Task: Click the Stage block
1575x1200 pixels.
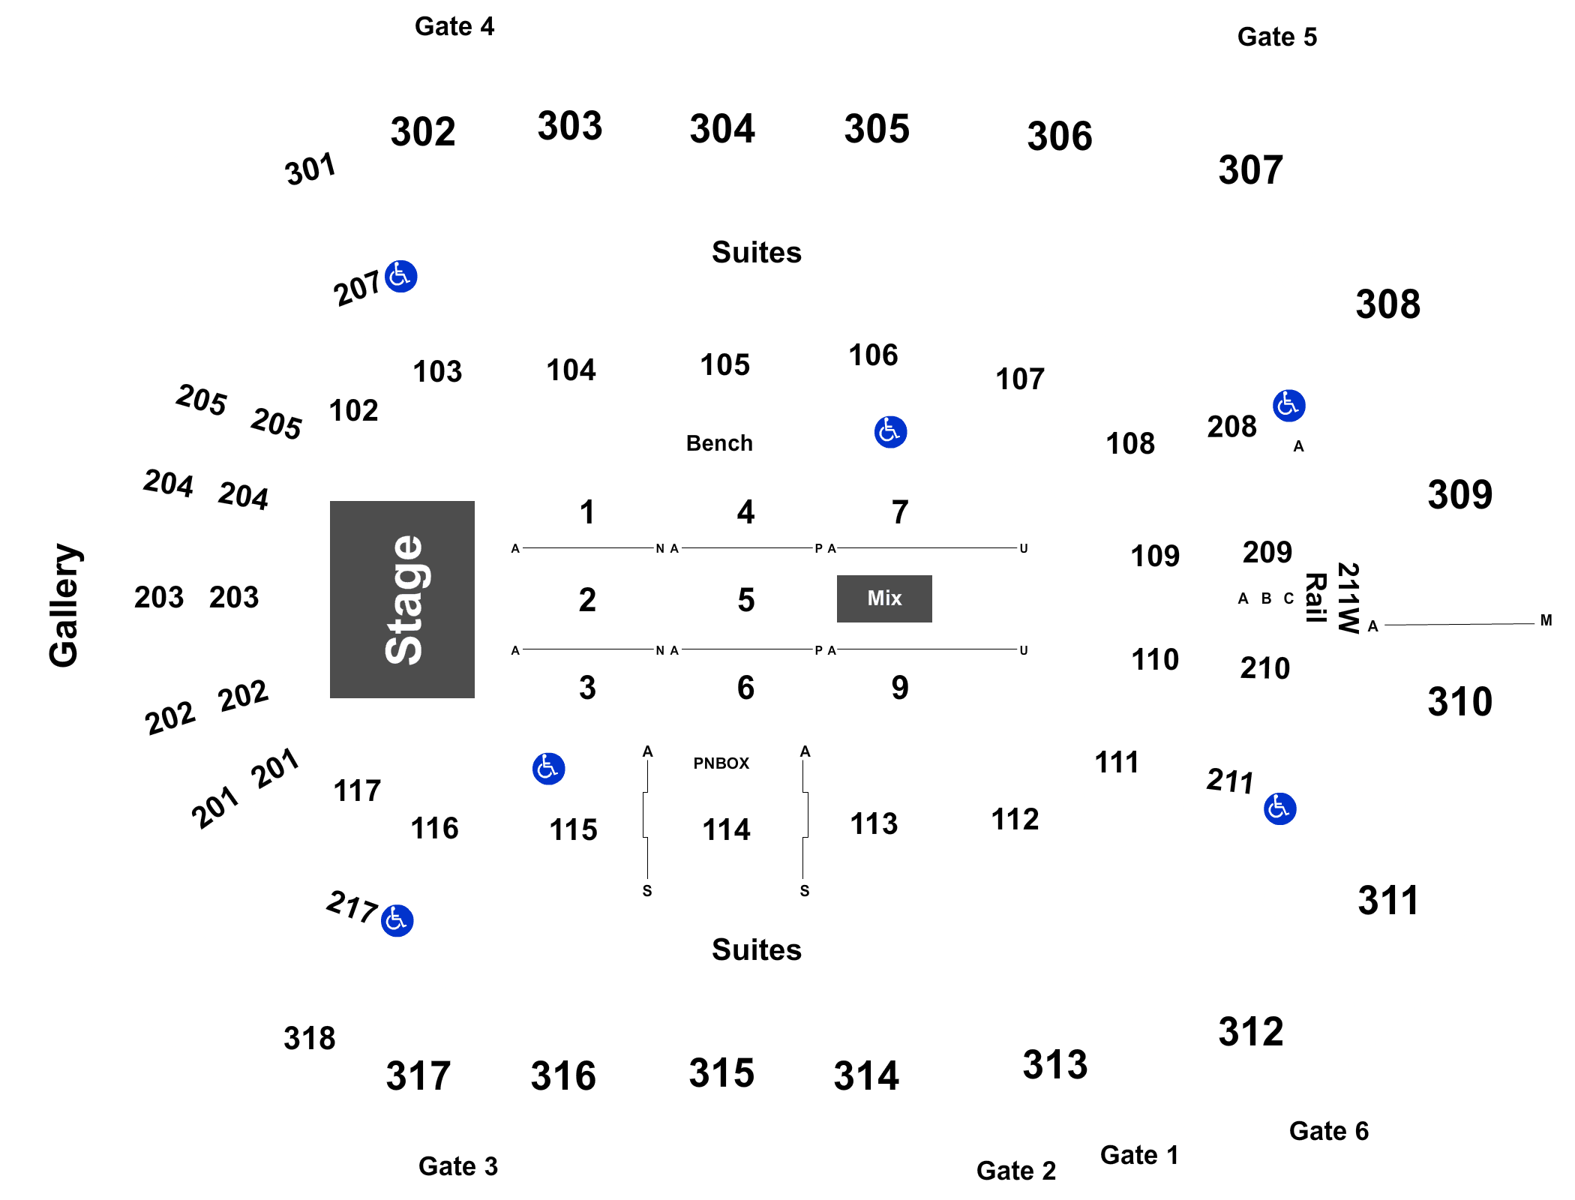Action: (x=402, y=599)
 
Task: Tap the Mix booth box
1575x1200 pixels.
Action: (x=884, y=598)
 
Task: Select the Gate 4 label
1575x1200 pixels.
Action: (x=454, y=27)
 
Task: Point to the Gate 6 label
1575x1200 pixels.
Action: (x=1329, y=1131)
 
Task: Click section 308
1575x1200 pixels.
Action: (x=1388, y=304)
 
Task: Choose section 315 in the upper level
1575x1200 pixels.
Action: (x=721, y=1073)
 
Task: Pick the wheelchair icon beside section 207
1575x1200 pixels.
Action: (x=401, y=277)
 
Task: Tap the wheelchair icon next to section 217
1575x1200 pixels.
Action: (x=397, y=921)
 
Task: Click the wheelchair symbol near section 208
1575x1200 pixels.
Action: (x=1289, y=406)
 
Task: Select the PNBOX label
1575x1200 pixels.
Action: (x=721, y=763)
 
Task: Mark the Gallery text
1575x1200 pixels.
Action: (x=65, y=605)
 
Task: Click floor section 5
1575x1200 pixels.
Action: (x=745, y=600)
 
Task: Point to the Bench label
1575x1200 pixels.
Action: (x=719, y=443)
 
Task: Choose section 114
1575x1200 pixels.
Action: (x=726, y=830)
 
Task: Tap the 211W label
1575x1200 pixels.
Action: (x=1348, y=598)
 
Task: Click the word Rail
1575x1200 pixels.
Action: (x=1316, y=598)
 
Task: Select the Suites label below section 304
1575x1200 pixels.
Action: (x=757, y=253)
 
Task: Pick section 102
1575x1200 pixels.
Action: (x=353, y=411)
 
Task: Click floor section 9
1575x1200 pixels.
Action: (x=900, y=688)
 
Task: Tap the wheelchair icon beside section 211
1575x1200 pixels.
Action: (x=1280, y=809)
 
